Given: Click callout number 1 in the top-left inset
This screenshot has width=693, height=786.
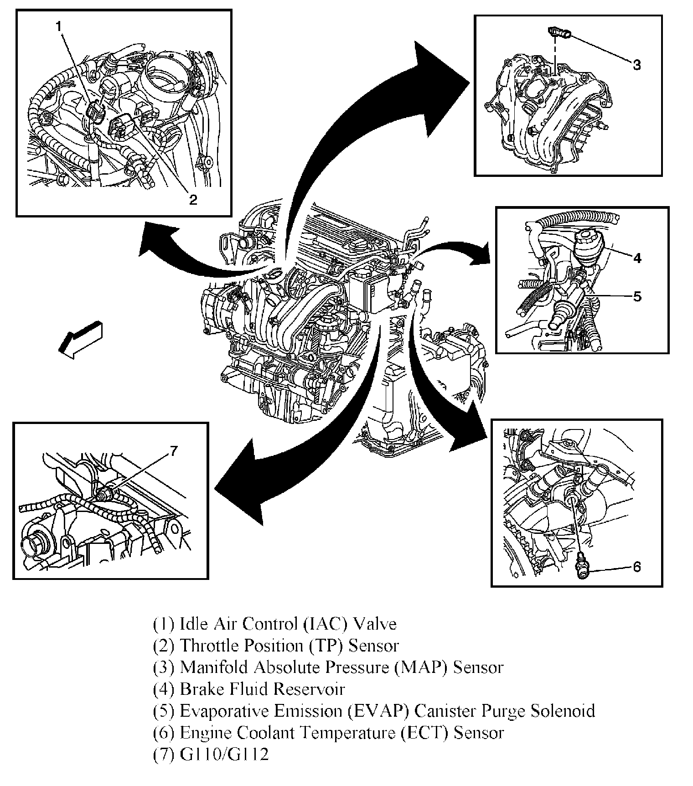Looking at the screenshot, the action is [58, 26].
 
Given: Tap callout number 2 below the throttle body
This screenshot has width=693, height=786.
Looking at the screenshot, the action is [193, 199].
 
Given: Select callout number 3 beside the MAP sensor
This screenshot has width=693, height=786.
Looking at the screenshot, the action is [636, 65].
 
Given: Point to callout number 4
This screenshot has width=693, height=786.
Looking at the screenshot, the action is [637, 258].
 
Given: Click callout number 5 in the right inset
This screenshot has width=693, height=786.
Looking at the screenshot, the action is [637, 296].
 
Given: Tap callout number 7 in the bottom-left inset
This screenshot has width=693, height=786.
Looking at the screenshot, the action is [173, 451].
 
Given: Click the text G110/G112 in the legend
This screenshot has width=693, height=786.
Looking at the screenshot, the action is [225, 755].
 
